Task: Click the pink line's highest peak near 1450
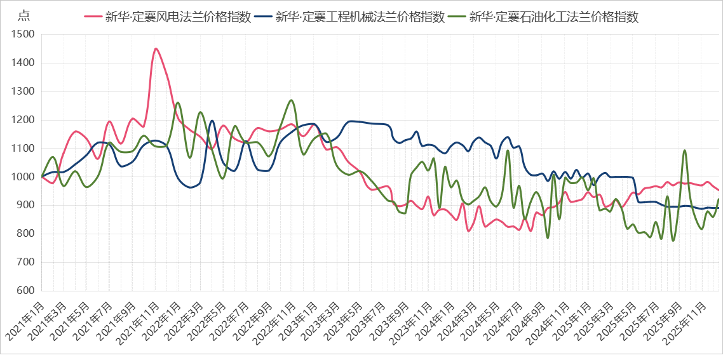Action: pos(156,48)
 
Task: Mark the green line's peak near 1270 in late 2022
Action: pos(291,100)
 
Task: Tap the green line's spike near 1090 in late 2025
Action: pos(684,150)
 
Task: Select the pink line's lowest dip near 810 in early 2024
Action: pos(469,231)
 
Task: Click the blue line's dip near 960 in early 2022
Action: pos(191,187)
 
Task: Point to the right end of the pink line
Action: pos(719,190)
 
